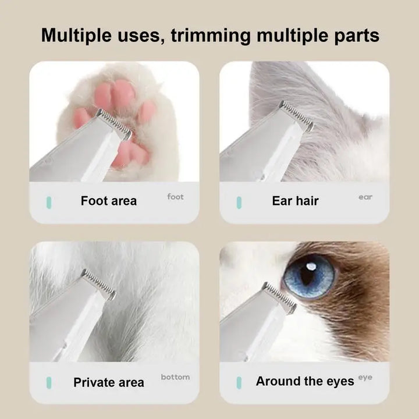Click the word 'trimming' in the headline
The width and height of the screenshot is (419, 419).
(x=211, y=36)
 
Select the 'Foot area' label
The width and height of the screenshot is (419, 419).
(x=109, y=201)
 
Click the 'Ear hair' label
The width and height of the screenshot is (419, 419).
(x=295, y=201)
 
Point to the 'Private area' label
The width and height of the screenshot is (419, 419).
(x=109, y=382)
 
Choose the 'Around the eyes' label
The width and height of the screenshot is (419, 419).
(x=305, y=381)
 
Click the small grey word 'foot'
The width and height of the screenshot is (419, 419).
(x=175, y=197)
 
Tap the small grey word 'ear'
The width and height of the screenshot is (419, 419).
(x=365, y=197)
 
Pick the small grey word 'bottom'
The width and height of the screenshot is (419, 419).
(x=175, y=377)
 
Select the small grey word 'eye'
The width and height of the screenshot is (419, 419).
(x=365, y=378)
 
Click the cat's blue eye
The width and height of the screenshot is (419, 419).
(x=309, y=276)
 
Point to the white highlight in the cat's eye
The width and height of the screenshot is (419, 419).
(x=310, y=266)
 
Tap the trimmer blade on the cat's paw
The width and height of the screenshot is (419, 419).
(x=114, y=124)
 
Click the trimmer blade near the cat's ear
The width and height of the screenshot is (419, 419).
(x=296, y=116)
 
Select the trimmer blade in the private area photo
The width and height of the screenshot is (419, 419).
(x=98, y=284)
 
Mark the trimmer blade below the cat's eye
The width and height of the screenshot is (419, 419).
(x=279, y=297)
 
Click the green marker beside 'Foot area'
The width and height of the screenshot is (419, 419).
(x=49, y=203)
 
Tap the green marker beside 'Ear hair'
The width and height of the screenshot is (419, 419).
(x=239, y=203)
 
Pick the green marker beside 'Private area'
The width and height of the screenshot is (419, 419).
(x=49, y=383)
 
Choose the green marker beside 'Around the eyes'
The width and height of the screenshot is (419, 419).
(x=239, y=383)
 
